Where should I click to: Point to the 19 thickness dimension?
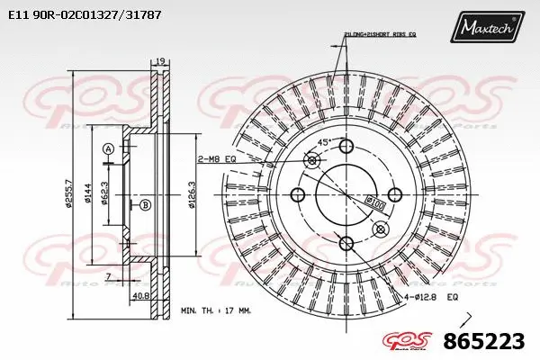[160, 60]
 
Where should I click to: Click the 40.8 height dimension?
[141, 295]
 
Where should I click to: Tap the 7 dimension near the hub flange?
[109, 274]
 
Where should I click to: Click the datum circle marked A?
[108, 148]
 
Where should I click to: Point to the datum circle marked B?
[144, 205]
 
